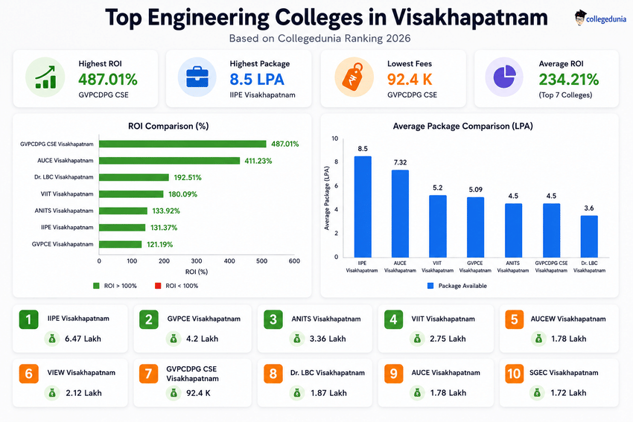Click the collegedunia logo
pos(600,18)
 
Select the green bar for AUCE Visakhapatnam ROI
pos(170,161)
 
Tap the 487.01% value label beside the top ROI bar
pos(284,144)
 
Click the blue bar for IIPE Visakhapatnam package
pos(363,207)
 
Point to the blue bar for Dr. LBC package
pos(589,237)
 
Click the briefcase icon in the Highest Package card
pos(197,77)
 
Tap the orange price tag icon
pos(353,76)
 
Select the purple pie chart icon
pos(505,77)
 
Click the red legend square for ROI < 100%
pos(158,286)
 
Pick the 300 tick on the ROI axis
pos(197,261)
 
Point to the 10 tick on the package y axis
pos(334,138)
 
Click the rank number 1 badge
pos(28,319)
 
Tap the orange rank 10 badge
pos(515,374)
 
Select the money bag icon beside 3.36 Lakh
pos(296,339)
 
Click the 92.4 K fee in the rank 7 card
pos(198,393)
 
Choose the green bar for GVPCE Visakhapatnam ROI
pos(121,244)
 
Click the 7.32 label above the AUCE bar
pos(400,162)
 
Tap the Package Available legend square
pos(430,286)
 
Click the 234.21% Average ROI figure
pos(568,80)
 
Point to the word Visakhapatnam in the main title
pos(470,18)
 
